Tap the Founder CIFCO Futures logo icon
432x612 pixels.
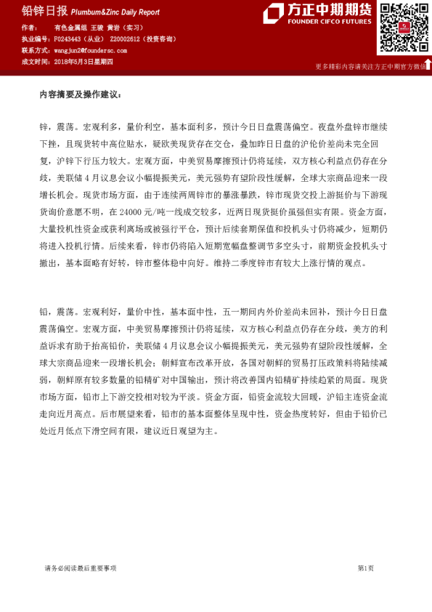point(274,13)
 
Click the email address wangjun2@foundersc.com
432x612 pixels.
point(90,51)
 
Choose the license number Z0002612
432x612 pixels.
point(126,39)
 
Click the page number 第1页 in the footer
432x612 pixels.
point(365,568)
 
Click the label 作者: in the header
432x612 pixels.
point(30,27)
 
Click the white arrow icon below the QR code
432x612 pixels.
point(428,65)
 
